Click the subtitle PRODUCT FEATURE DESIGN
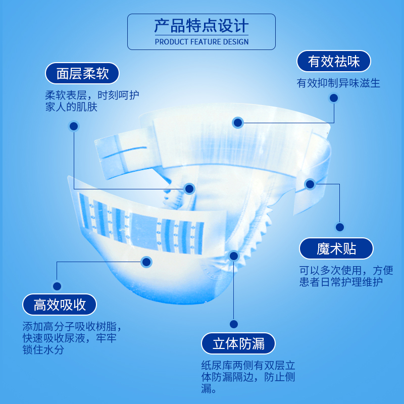click(x=201, y=41)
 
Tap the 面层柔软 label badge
click(x=83, y=73)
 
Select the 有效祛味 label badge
click(x=334, y=62)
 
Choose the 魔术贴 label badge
click(x=336, y=248)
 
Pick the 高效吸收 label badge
click(x=60, y=305)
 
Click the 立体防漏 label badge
click(x=238, y=344)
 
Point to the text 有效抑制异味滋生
click(x=338, y=83)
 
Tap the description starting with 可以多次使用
click(x=346, y=276)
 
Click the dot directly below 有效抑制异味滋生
click(x=333, y=98)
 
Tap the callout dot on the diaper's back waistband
click(x=238, y=122)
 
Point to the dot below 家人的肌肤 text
click(x=74, y=126)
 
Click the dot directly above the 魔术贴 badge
click(x=340, y=227)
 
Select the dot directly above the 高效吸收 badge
click(x=57, y=286)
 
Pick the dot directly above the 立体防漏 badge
click(x=233, y=324)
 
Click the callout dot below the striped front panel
click(x=146, y=262)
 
